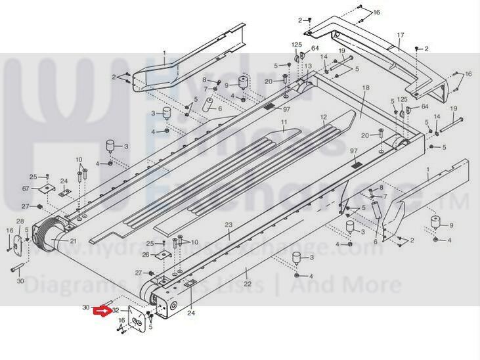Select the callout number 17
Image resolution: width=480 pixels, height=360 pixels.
click(401, 34)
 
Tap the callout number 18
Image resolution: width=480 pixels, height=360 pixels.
click(366, 87)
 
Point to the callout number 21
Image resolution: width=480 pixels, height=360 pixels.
click(73, 242)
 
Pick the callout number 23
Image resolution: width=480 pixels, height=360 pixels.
click(229, 225)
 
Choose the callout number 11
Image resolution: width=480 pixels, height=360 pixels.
click(284, 122)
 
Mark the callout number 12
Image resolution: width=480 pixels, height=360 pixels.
click(323, 117)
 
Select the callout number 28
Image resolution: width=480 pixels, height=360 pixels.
click(20, 221)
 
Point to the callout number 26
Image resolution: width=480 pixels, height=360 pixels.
click(146, 254)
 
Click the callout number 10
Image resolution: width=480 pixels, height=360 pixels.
click(79, 160)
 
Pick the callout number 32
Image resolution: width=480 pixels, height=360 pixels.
click(116, 310)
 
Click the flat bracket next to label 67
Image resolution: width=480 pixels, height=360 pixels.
click(45, 189)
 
